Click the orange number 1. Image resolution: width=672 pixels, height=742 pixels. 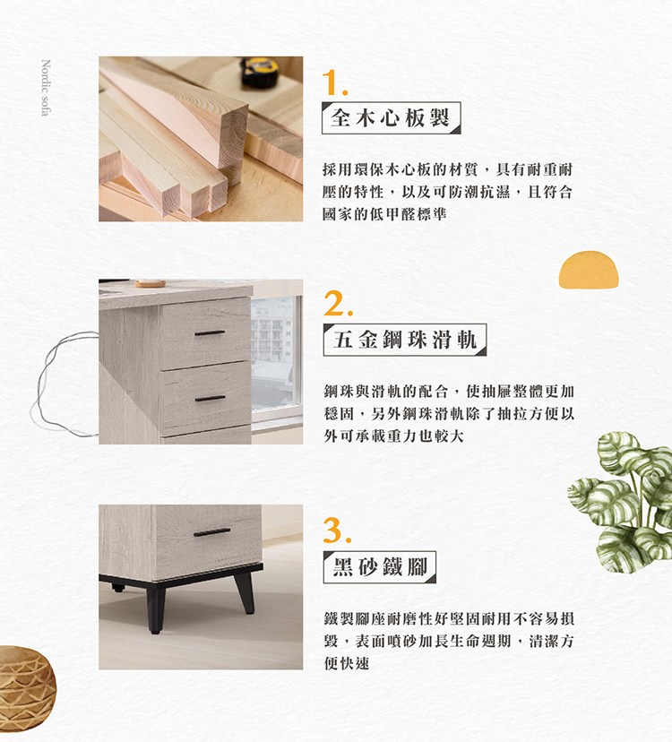[334, 82]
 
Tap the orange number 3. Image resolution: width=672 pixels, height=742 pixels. [338, 531]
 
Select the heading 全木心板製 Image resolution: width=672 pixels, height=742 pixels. [391, 117]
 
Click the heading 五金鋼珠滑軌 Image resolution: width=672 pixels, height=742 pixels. [405, 340]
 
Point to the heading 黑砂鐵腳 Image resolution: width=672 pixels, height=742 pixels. [380, 566]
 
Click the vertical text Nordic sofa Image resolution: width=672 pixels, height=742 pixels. [46, 88]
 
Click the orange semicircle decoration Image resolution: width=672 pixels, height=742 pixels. [589, 270]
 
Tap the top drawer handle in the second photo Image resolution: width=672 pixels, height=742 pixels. [210, 333]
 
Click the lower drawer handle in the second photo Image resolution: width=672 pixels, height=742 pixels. [210, 398]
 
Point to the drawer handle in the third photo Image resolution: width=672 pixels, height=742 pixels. [211, 532]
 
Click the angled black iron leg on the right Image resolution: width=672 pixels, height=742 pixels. [245, 594]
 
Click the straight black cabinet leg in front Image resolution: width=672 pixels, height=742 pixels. [155, 609]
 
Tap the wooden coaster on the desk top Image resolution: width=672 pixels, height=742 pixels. [150, 283]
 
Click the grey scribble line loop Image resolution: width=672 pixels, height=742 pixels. [62, 384]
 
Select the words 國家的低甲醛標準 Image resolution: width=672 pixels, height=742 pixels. [384, 214]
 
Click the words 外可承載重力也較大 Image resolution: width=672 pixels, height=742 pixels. [393, 436]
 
